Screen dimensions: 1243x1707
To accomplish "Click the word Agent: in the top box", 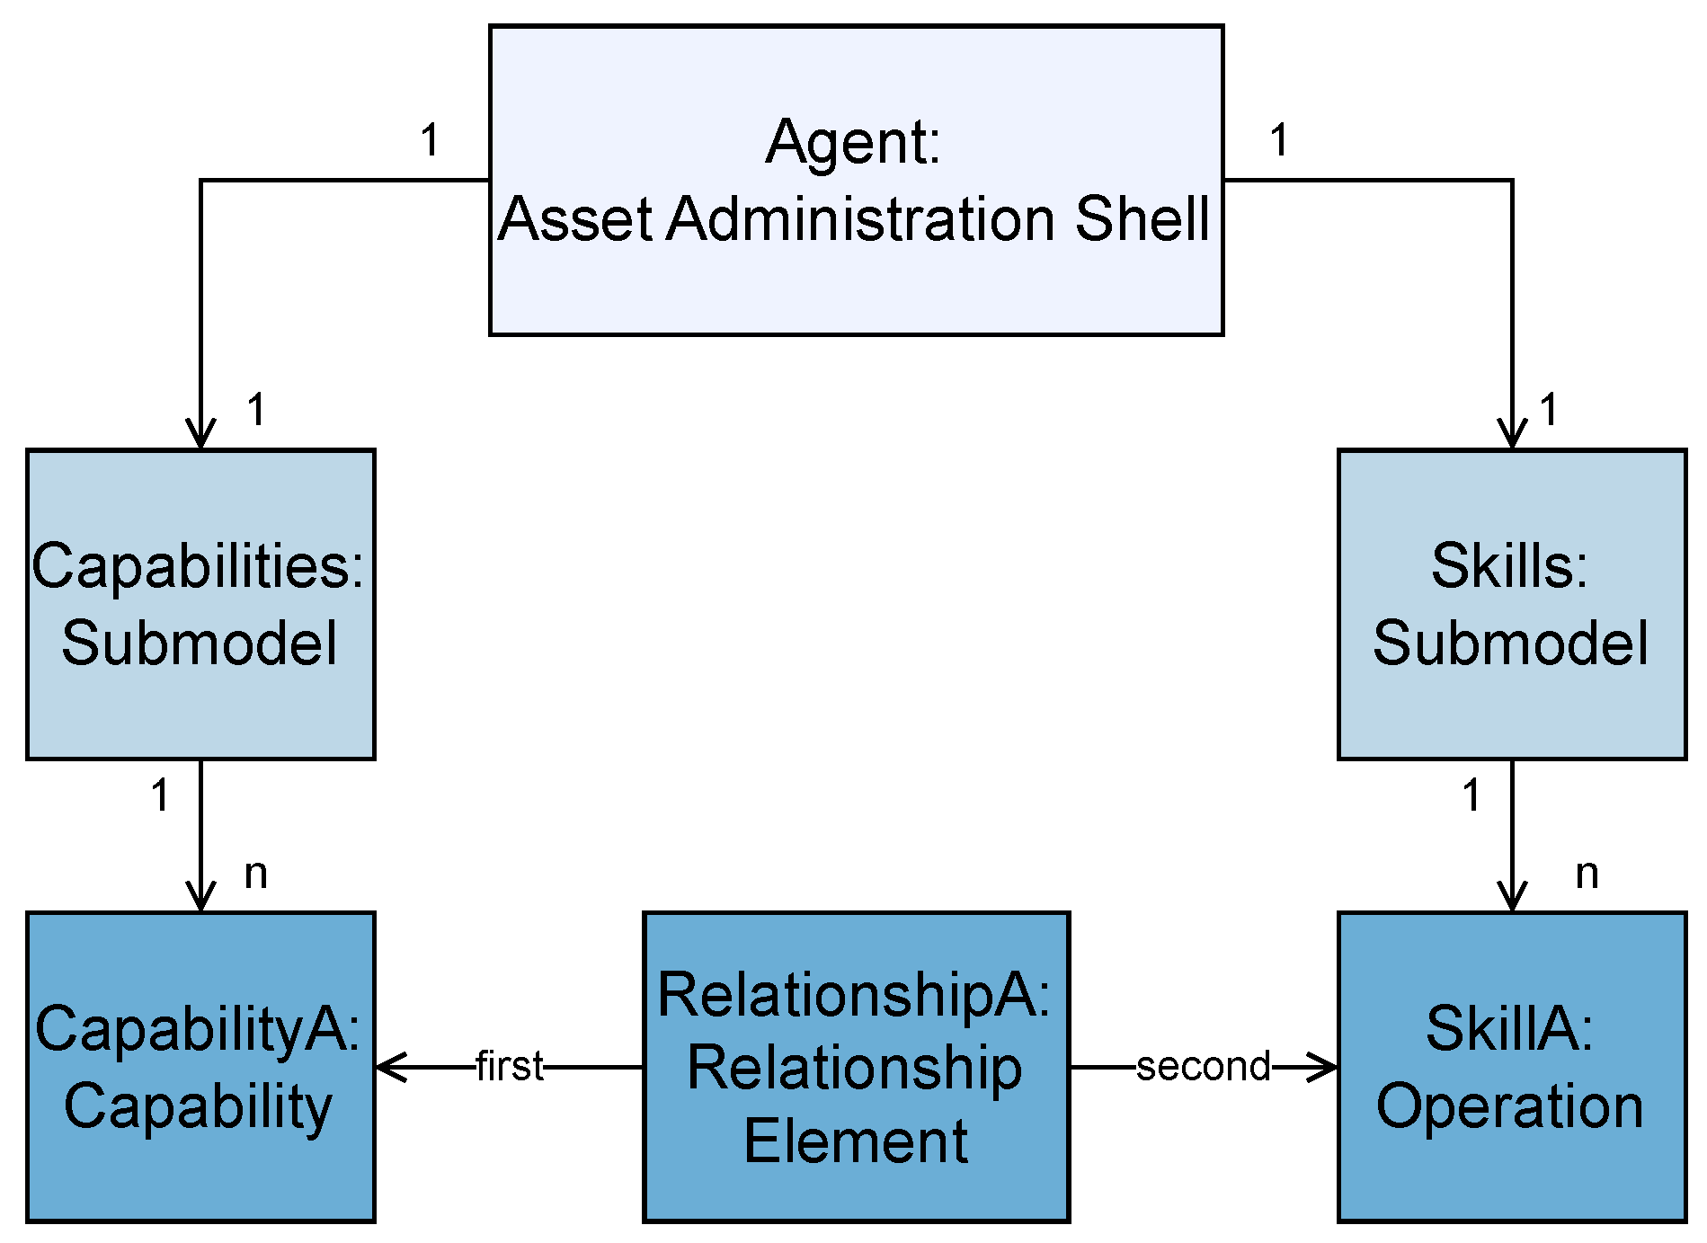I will (x=852, y=142).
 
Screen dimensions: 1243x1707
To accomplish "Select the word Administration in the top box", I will (x=860, y=218).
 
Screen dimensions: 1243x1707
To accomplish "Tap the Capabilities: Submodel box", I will (x=200, y=604).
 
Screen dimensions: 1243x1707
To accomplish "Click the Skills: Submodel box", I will (x=1511, y=604).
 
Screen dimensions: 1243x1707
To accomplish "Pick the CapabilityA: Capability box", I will (x=200, y=1067).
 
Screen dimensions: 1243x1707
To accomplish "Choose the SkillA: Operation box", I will (x=1511, y=1067).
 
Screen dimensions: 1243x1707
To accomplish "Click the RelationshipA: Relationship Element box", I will (x=856, y=1067).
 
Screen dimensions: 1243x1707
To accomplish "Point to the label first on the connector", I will (x=509, y=1067).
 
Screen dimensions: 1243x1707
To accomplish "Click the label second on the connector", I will (x=1204, y=1067).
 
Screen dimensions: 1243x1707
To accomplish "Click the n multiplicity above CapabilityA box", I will (x=256, y=873).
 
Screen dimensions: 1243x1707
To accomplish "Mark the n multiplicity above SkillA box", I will (x=1587, y=873).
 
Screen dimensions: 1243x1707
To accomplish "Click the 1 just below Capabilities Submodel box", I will (x=160, y=795).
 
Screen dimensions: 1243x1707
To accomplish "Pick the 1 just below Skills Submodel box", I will (x=1471, y=795).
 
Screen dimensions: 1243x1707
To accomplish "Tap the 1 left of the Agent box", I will (x=430, y=140).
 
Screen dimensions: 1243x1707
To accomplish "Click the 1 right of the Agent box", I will (x=1279, y=140).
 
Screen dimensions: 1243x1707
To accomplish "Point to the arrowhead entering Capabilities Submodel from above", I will (x=200, y=434).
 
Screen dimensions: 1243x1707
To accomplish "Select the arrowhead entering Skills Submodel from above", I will (x=1512, y=434).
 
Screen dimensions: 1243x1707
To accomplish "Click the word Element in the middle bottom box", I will (x=856, y=1141).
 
